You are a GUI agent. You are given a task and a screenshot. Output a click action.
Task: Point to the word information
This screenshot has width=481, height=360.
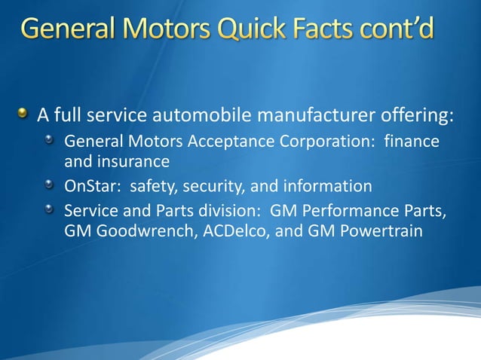pyautogui.click(x=326, y=185)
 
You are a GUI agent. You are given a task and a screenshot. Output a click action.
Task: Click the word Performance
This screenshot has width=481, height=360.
pyautogui.click(x=355, y=209)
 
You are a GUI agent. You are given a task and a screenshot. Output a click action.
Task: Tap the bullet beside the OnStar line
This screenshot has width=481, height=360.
pyautogui.click(x=51, y=185)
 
